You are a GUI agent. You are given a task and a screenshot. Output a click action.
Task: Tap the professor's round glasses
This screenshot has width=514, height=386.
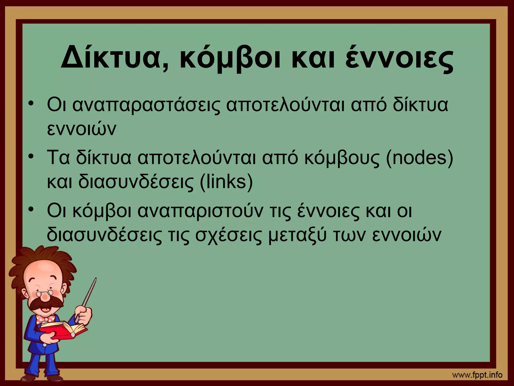coord(45,293)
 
